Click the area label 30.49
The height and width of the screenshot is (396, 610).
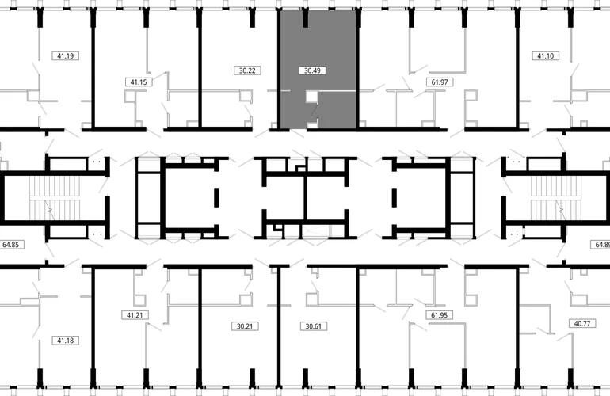[x=312, y=70]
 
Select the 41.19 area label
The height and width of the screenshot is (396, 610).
[x=65, y=55]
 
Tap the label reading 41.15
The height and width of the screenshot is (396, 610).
[x=139, y=82]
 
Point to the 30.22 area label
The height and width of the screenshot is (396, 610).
[x=247, y=70]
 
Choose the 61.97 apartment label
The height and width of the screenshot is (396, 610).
[x=440, y=82]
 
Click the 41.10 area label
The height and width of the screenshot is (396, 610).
[x=545, y=55]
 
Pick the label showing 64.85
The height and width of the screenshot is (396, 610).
[x=10, y=245]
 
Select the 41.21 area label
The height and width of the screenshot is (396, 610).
[x=135, y=315]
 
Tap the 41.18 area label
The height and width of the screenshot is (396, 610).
[x=65, y=341]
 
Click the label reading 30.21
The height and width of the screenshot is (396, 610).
[x=245, y=326]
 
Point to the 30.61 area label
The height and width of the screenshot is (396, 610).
[x=313, y=326]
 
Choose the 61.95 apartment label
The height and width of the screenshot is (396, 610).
[x=439, y=315]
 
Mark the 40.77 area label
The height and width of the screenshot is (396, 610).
[x=582, y=323]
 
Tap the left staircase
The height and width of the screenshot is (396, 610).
[x=55, y=198]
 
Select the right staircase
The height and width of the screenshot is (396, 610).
[x=556, y=198]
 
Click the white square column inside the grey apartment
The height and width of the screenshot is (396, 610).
[x=311, y=97]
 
